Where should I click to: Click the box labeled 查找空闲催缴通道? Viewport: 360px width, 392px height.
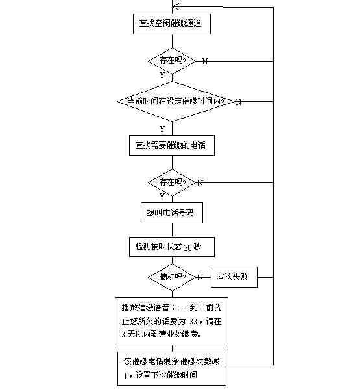[x=172, y=24]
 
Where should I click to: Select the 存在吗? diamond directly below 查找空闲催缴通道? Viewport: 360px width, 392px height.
[x=172, y=61]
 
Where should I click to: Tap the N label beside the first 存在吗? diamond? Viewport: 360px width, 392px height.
[x=204, y=61]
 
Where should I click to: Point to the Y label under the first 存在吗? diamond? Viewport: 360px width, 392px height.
[x=162, y=75]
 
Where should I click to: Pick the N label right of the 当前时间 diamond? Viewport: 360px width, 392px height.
[x=238, y=103]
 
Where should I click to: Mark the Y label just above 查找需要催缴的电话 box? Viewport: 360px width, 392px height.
[x=162, y=129]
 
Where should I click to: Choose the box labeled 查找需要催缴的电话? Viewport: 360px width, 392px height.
[x=172, y=145]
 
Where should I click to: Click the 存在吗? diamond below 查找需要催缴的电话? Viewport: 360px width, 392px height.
[x=172, y=182]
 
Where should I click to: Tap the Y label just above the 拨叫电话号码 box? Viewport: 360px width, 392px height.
[x=162, y=197]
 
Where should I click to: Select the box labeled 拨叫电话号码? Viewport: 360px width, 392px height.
[x=172, y=213]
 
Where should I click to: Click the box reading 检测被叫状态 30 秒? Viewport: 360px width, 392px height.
[x=172, y=247]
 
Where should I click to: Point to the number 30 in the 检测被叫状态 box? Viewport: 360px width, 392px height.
[x=187, y=247]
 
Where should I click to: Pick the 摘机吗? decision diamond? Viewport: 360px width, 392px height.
[x=172, y=277]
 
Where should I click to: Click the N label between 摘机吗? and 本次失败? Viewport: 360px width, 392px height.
[x=200, y=278]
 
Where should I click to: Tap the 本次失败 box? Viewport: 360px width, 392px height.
[x=234, y=277]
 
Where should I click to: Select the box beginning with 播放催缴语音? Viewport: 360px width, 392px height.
[x=171, y=321]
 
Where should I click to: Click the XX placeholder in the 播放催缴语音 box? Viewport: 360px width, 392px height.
[x=193, y=321]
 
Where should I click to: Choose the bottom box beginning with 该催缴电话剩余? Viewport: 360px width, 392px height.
[x=172, y=369]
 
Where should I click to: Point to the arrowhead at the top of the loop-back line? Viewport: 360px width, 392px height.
[x=173, y=6]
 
